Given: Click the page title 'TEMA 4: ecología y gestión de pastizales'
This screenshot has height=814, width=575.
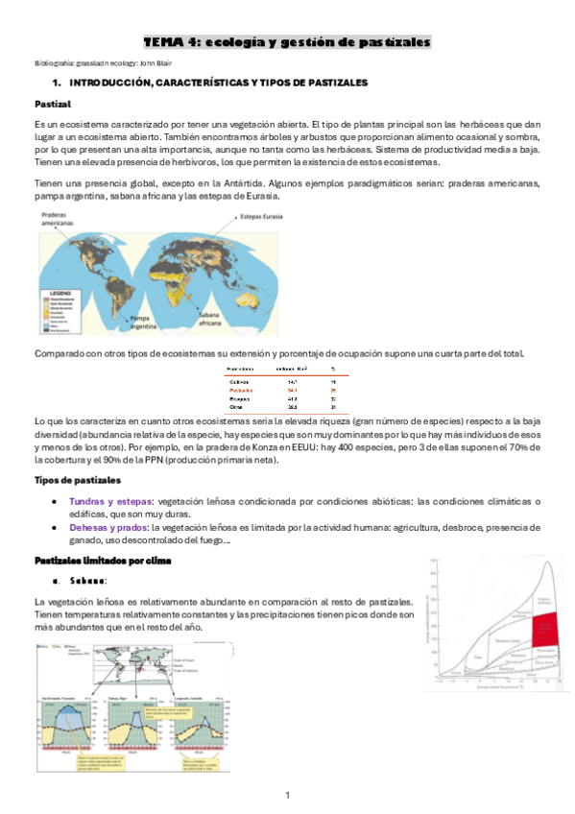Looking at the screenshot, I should (x=287, y=42).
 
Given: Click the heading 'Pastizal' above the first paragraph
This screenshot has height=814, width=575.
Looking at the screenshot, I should (x=52, y=104).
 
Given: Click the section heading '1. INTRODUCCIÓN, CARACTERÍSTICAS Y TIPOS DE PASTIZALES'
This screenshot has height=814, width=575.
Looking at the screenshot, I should (x=210, y=84).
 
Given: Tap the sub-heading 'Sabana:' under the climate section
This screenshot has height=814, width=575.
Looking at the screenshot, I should (x=86, y=581).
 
